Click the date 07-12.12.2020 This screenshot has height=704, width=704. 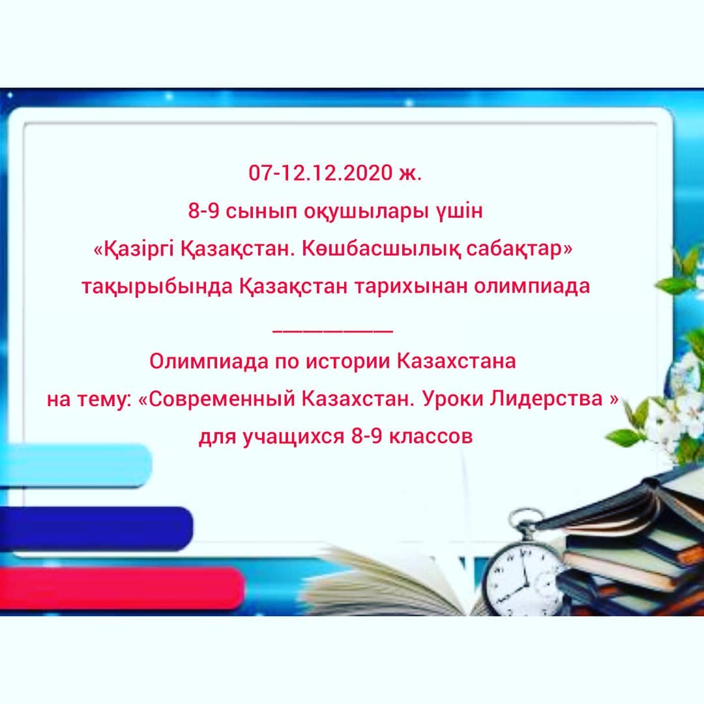[321, 173]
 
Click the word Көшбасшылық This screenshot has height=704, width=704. [381, 248]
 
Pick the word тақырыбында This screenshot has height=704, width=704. [157, 286]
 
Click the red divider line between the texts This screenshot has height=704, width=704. [332, 331]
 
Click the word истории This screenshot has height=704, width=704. [347, 362]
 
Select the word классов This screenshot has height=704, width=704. [431, 436]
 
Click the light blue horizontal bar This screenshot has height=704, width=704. [76, 465]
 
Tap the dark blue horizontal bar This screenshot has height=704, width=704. [96, 529]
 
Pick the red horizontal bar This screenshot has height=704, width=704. [122, 589]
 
